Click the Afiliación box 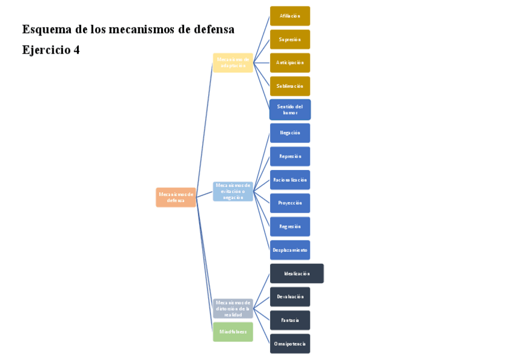[x=290, y=16]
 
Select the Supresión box [x=290, y=39]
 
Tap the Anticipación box [x=290, y=63]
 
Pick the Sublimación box [x=290, y=86]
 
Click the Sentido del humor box [x=290, y=109]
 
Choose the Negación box [x=290, y=133]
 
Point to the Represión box [x=290, y=156]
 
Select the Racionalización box [x=290, y=180]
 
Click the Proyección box [x=290, y=203]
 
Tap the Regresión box [x=290, y=227]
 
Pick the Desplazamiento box [x=290, y=250]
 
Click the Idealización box [x=296, y=273]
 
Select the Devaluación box [x=290, y=297]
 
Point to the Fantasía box [x=290, y=320]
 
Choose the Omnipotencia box [x=290, y=344]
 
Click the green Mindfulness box [x=233, y=332]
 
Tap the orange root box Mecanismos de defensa [x=176, y=197]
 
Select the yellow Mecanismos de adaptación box [x=233, y=63]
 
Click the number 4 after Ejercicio [x=76, y=50]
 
